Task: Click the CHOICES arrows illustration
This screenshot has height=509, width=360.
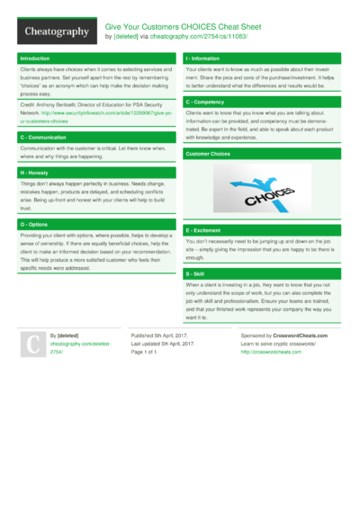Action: click(261, 191)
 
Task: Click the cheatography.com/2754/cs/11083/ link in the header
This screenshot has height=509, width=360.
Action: click(211, 37)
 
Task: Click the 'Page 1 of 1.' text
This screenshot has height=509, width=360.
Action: click(149, 352)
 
